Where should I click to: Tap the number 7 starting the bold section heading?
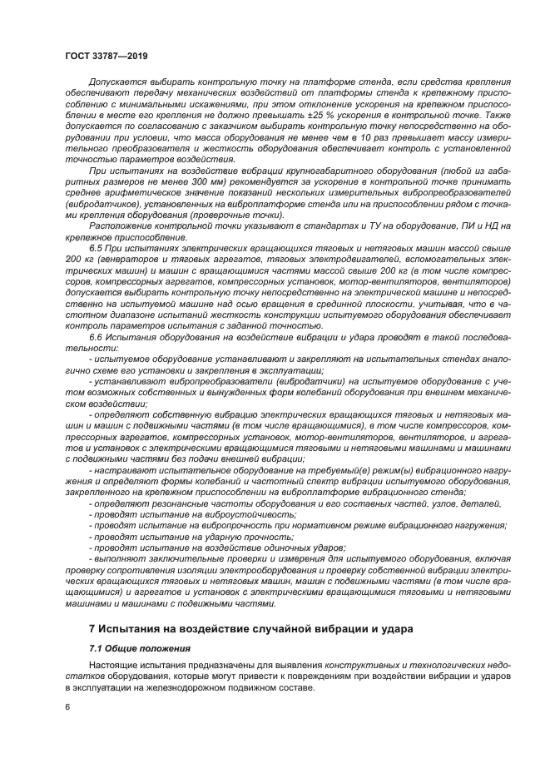point(92,627)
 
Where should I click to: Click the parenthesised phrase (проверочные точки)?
point(239,213)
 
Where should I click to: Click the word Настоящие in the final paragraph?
point(113,666)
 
